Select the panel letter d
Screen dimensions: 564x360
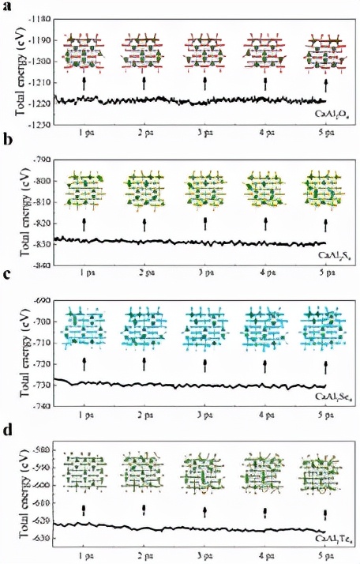(x=7, y=431)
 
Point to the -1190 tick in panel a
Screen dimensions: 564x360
(x=40, y=39)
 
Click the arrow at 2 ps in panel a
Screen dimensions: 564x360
(x=144, y=82)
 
